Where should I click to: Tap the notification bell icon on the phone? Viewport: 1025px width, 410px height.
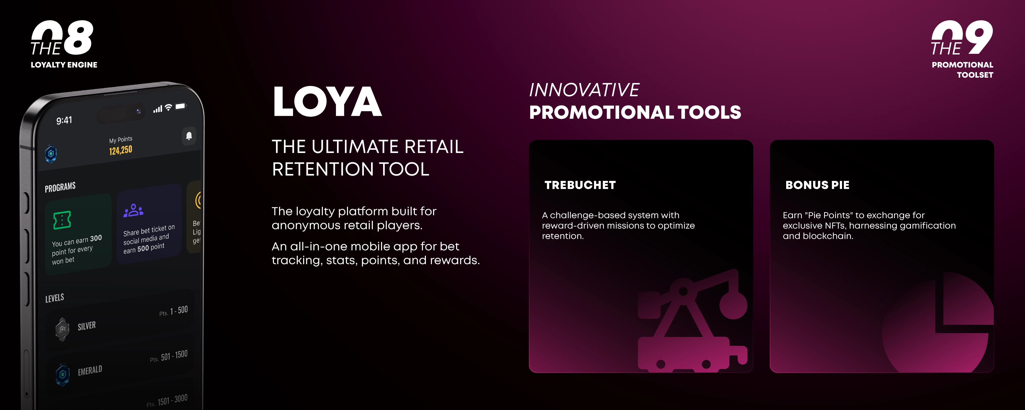189,136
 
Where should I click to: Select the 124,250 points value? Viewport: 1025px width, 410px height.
120,150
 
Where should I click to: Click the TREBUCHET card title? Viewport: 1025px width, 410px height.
580,185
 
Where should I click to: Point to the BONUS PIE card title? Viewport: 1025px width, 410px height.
817,185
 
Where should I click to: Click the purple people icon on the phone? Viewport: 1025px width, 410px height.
133,210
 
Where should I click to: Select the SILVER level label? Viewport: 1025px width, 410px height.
87,326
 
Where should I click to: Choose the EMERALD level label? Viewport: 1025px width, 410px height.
90,371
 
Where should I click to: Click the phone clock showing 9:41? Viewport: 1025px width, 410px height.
64,120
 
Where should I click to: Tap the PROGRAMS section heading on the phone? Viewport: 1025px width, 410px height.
60,187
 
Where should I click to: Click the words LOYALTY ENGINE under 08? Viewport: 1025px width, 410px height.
64,65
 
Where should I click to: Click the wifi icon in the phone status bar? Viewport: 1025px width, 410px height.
169,107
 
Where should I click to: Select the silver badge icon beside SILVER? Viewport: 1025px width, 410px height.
62,329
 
